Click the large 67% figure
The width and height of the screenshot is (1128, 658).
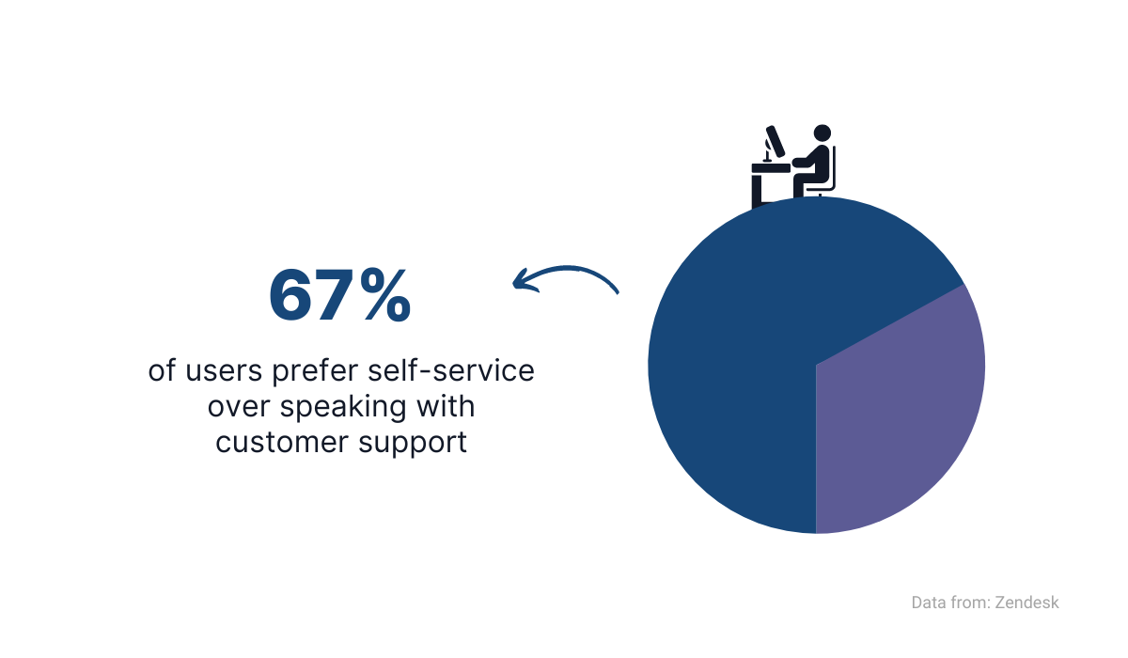(340, 295)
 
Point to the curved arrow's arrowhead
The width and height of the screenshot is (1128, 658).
(524, 279)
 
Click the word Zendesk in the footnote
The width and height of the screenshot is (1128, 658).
(1026, 603)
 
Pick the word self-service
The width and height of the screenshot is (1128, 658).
(450, 370)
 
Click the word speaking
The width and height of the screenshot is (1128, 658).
(342, 408)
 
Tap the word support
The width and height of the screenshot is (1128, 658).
(413, 444)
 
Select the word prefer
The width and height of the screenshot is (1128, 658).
(315, 371)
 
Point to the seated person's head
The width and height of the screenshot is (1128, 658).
(822, 133)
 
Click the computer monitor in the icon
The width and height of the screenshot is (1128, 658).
(775, 141)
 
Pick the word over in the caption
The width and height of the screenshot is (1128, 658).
(239, 408)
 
